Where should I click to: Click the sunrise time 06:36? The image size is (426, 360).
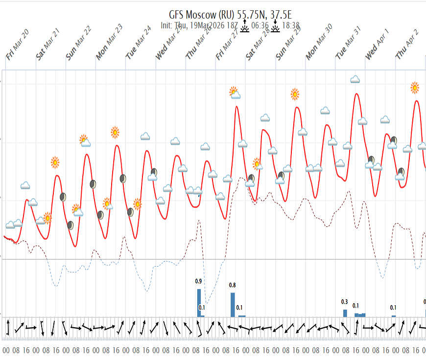(260, 26)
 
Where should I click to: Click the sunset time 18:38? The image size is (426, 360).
(291, 26)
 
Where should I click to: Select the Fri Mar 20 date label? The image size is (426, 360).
(18, 45)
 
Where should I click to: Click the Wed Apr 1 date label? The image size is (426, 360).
(377, 45)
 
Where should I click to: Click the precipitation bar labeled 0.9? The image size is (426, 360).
(199, 303)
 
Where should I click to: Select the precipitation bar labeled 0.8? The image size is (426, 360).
(233, 304)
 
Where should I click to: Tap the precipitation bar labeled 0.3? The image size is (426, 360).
(345, 313)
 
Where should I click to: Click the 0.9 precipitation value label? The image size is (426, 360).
(198, 281)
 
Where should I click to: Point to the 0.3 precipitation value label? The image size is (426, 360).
(344, 302)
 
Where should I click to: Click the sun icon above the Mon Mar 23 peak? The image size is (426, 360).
(115, 132)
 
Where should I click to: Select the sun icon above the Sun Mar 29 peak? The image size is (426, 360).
(295, 94)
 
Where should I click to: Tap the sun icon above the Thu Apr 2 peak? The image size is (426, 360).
(415, 88)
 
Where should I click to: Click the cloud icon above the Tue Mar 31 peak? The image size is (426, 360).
(355, 79)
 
